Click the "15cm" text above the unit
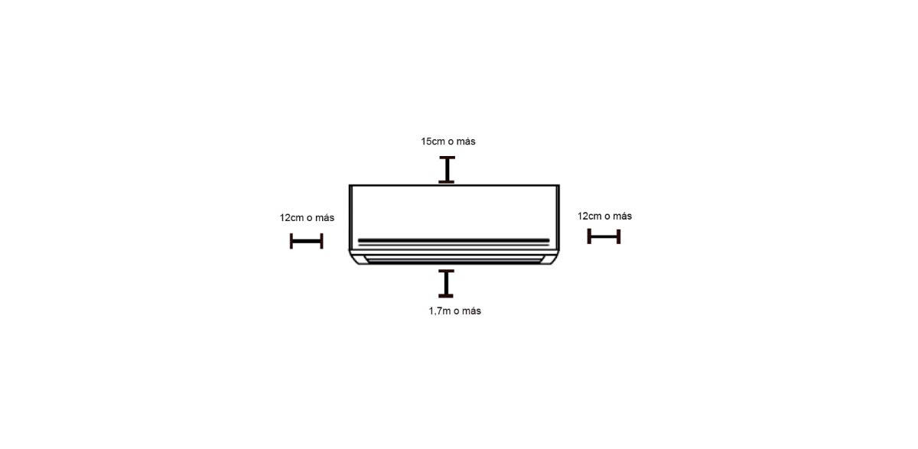433,142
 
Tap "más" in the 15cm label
466,142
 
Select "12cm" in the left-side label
291,218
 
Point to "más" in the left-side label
325,218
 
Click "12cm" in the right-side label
590,216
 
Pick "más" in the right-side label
623,216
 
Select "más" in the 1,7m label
471,311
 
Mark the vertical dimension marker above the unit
447,170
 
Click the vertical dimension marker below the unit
446,284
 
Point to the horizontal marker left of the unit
307,241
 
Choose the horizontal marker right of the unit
604,236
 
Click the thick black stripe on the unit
454,240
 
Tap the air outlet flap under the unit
454,259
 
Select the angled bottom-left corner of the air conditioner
354,258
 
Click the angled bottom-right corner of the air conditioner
554,258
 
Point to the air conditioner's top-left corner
350,185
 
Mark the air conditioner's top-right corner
559,185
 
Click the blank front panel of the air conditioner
454,211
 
